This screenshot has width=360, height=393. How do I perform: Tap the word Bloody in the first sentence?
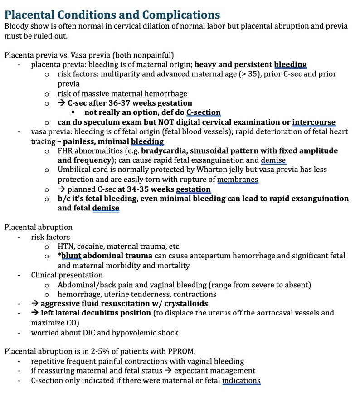pyautogui.click(x=17, y=26)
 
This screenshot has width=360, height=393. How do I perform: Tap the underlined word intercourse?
pyautogui.click(x=314, y=122)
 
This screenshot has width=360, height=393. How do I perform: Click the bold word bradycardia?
pyautogui.click(x=166, y=150)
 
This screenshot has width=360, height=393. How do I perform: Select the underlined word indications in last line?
pyautogui.click(x=241, y=381)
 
